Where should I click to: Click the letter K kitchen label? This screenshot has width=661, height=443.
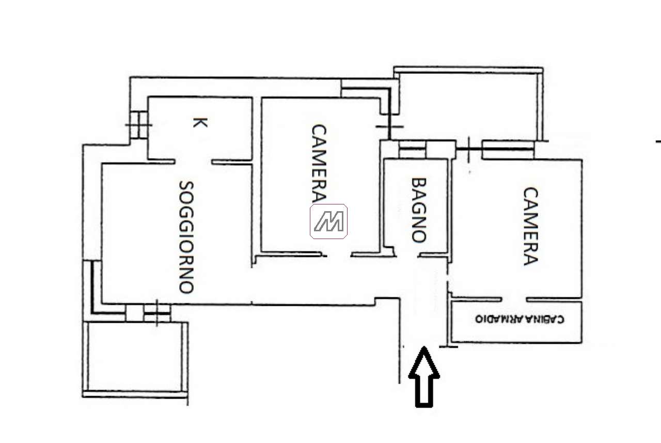point(200,122)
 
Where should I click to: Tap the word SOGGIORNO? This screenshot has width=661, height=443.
point(186,237)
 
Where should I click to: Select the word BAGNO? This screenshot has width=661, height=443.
point(419,210)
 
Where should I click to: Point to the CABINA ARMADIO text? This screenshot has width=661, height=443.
point(520,319)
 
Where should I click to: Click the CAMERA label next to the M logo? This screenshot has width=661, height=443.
point(319,163)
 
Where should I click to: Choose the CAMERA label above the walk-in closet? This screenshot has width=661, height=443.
point(530,226)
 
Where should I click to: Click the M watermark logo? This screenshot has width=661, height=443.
point(328,221)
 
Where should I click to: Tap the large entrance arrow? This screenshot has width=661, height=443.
point(424,377)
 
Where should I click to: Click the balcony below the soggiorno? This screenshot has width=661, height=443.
point(135,357)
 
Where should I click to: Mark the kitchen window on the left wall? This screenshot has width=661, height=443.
point(139,125)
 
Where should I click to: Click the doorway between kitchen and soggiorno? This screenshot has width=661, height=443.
point(194,162)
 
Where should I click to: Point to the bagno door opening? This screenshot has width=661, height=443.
point(407,255)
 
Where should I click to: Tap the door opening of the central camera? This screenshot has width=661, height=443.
point(338,255)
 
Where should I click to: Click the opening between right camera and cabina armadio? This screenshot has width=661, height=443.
point(514,299)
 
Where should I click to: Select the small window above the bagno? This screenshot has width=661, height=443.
point(412,150)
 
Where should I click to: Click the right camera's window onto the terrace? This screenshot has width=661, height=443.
point(508,150)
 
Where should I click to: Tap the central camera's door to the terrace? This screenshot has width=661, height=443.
point(389,127)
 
